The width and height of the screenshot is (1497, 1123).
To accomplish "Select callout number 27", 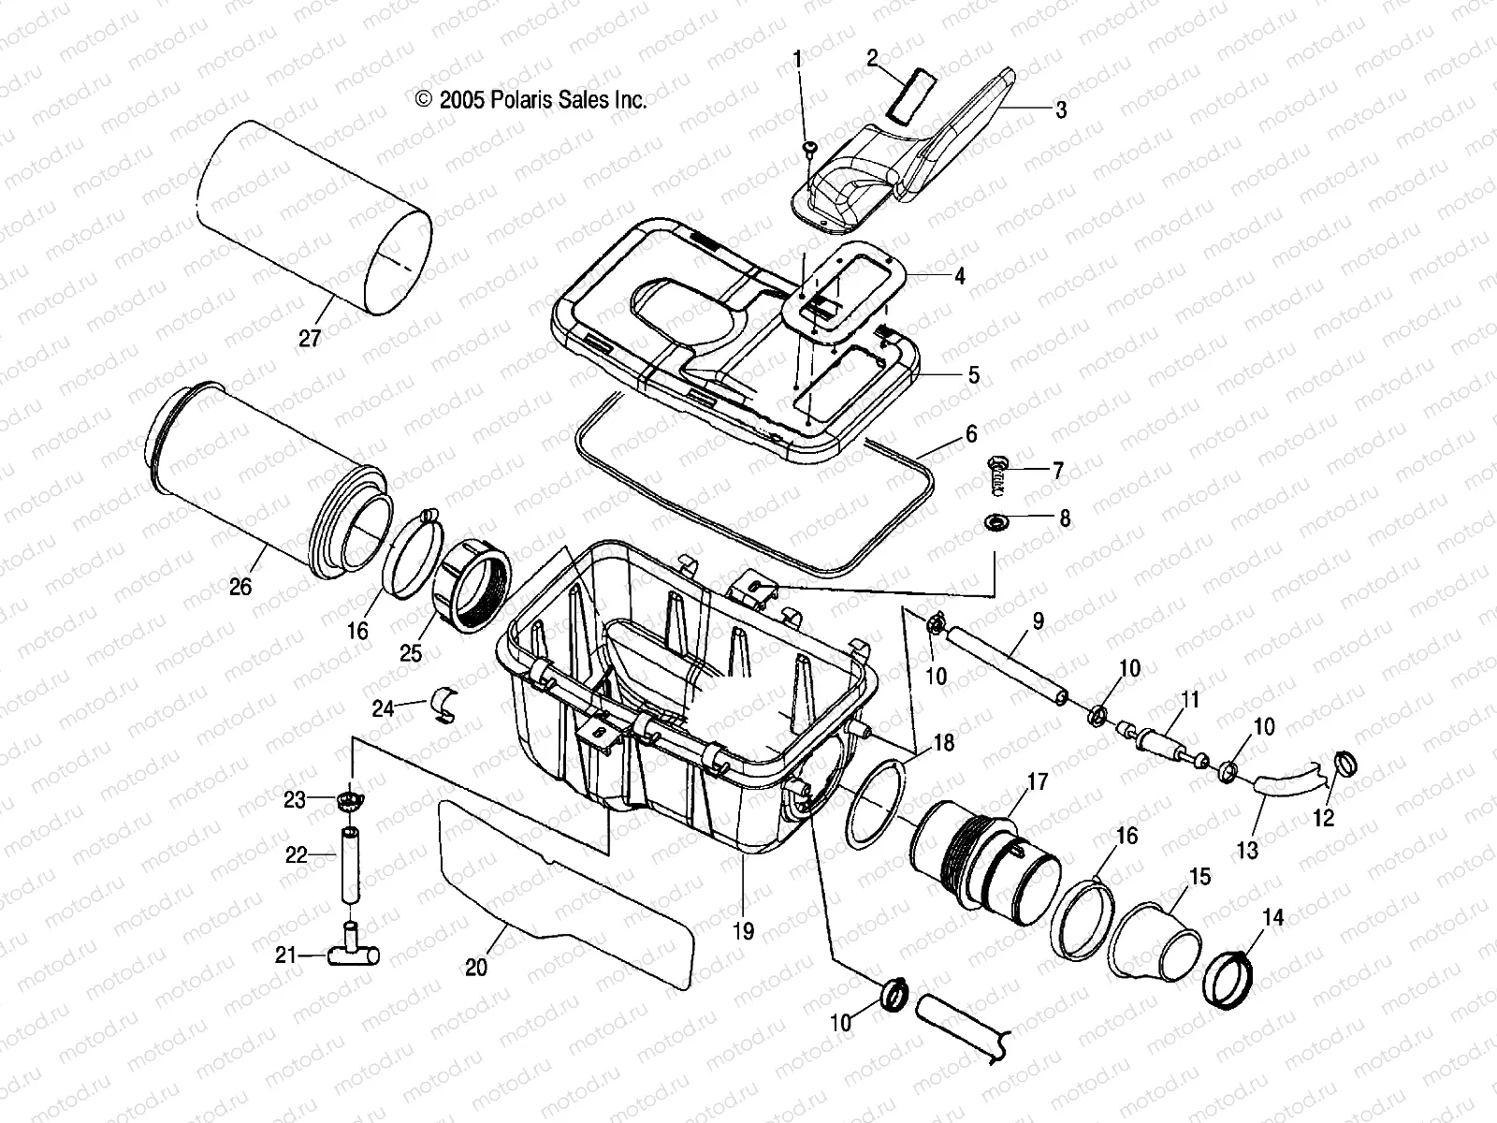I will (309, 338).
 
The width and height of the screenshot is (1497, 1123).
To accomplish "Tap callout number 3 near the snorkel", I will (1061, 110).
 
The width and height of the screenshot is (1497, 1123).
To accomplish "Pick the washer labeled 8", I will (997, 519).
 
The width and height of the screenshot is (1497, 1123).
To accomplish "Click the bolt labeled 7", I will (999, 474).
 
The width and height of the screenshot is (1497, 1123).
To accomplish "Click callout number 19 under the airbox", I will (744, 932).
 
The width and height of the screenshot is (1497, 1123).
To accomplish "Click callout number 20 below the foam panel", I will (476, 967).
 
